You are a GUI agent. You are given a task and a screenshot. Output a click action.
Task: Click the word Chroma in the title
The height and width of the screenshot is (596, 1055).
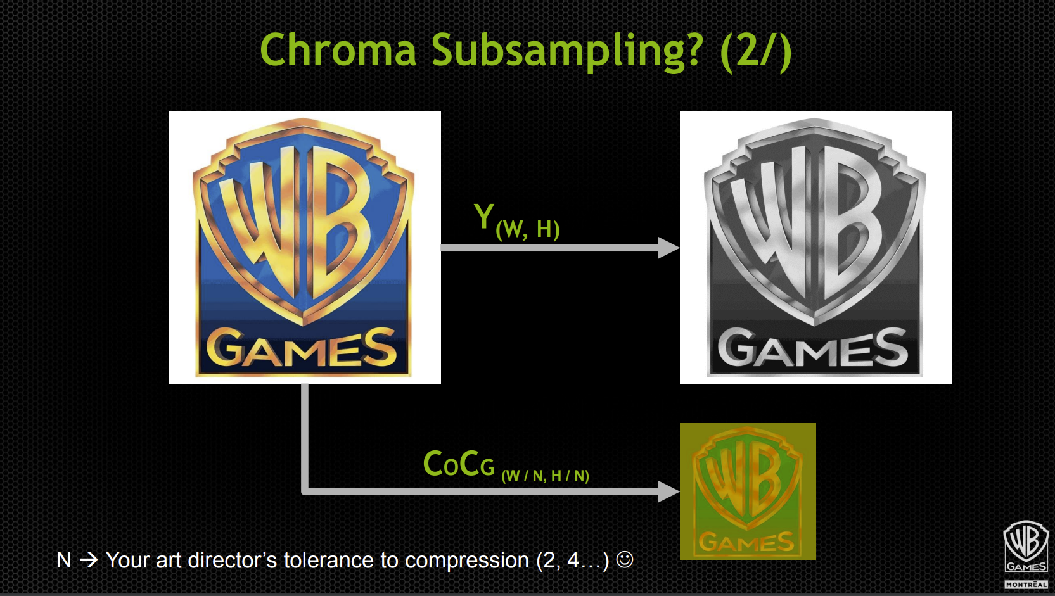(x=338, y=51)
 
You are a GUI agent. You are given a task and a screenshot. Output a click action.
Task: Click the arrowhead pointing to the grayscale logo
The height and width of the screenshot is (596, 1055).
(x=668, y=248)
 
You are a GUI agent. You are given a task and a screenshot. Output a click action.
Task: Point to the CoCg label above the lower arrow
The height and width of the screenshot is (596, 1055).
(x=458, y=464)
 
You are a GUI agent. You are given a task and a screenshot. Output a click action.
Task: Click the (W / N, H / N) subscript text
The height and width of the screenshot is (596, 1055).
(x=545, y=476)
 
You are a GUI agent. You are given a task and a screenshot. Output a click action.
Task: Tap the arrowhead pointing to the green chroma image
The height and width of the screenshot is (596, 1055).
(x=668, y=491)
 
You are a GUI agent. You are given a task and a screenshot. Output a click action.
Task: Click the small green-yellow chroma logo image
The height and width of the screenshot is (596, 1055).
(x=748, y=491)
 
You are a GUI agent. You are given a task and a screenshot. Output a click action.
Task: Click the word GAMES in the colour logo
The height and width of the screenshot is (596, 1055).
(x=302, y=348)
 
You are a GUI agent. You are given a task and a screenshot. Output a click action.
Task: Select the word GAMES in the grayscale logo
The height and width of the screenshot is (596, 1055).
(x=813, y=348)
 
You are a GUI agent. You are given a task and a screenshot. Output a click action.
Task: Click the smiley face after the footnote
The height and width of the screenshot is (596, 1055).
(x=625, y=559)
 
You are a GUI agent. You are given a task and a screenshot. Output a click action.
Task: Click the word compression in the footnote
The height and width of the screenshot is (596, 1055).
(x=466, y=561)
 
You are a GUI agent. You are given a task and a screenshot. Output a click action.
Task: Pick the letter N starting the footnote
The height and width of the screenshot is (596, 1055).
(x=63, y=561)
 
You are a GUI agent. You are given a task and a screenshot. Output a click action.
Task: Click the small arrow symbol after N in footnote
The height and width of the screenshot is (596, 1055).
(x=89, y=560)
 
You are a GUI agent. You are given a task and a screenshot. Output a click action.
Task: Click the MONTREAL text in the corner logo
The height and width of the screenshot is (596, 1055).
(x=1026, y=585)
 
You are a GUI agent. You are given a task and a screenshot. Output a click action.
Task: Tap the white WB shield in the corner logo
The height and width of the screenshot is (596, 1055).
(x=1026, y=542)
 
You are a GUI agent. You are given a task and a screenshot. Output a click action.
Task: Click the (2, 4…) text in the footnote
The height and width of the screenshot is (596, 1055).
(x=572, y=561)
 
